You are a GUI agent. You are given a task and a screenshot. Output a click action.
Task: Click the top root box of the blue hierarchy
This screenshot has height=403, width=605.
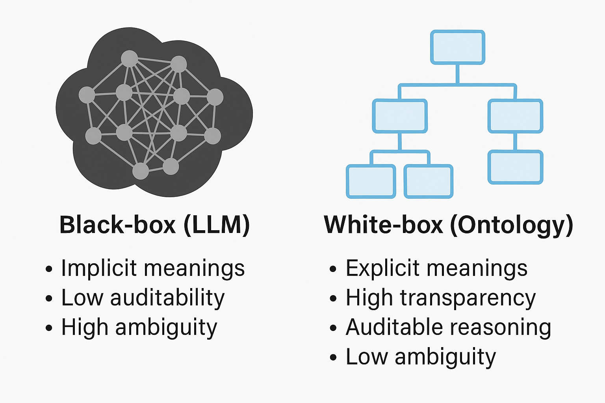tap(457, 47)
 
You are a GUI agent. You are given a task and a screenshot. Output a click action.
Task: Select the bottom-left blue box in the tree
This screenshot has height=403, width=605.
tap(371, 181)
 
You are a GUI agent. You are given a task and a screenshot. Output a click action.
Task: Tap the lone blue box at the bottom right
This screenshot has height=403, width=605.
tap(515, 167)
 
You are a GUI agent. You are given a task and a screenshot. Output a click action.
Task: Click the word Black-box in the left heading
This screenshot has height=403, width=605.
tap(117, 225)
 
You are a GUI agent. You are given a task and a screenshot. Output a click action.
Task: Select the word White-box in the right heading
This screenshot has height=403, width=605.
tap(384, 225)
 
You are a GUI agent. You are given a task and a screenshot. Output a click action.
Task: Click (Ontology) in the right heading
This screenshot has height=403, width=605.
tap(512, 226)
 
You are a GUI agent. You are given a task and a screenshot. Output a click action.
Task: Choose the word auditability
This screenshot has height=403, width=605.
tap(167, 298)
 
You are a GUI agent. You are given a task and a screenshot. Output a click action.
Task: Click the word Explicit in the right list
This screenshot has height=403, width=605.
tap(382, 268)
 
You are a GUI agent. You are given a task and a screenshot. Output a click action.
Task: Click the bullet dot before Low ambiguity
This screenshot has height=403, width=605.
tap(333, 358)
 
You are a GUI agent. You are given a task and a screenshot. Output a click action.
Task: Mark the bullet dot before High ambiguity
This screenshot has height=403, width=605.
tap(49, 328)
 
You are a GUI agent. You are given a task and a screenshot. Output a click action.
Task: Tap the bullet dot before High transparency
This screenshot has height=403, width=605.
tap(333, 299)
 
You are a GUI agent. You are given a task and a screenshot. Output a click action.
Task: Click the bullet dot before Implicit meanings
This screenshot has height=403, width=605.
tap(49, 269)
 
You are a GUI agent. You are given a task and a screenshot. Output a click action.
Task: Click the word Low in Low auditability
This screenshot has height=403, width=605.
tap(82, 298)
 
